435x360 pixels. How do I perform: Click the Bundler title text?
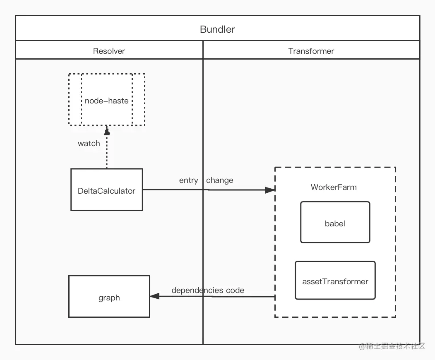217,29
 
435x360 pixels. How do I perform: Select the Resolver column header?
109,51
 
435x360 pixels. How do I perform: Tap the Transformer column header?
311,51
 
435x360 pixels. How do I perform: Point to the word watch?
89,144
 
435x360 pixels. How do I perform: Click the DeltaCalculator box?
107,190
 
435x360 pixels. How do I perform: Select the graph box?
109,297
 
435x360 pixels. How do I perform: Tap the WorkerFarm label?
334,187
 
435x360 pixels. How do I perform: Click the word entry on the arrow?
188,180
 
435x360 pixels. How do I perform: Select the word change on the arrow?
219,180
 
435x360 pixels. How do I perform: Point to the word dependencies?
197,290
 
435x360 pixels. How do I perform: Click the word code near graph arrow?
235,290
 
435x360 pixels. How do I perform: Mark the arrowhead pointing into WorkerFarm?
270,190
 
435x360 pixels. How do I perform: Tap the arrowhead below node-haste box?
107,131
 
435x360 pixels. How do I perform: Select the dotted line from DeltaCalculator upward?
107,153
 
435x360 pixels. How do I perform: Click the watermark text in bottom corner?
392,346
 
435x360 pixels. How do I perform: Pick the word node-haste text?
106,101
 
